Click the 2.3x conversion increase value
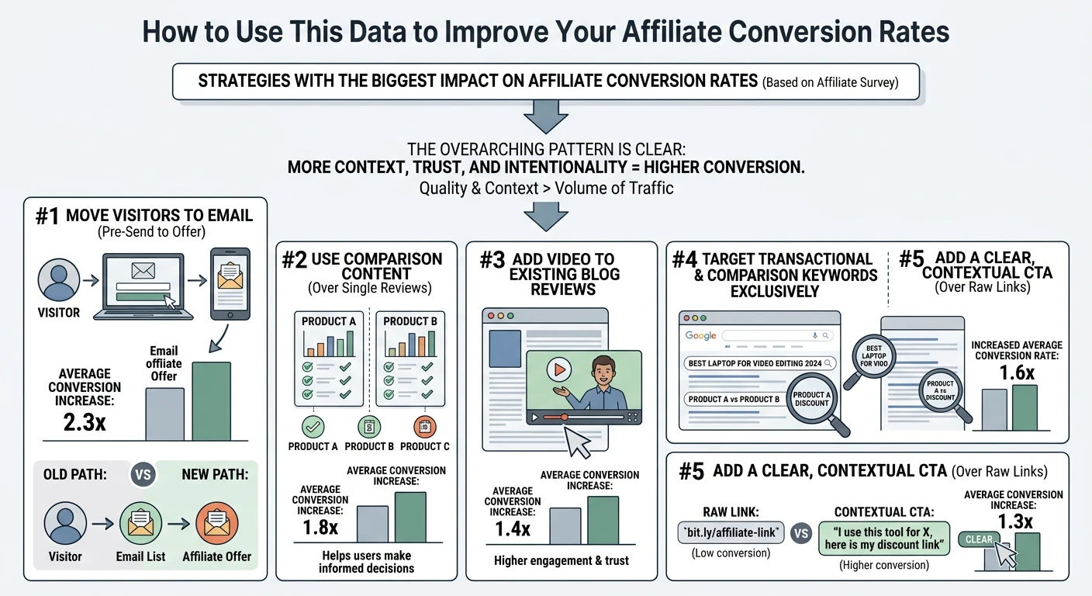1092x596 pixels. (85, 423)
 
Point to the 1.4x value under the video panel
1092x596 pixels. (512, 529)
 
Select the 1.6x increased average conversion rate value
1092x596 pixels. (1016, 373)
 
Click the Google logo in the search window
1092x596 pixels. (700, 335)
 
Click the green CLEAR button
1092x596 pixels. (979, 539)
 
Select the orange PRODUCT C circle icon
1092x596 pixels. (425, 426)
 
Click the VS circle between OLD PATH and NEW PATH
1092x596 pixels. (143, 473)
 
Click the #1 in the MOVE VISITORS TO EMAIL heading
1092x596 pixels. (48, 215)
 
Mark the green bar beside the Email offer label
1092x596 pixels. (211, 401)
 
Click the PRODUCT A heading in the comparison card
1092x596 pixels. (329, 321)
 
